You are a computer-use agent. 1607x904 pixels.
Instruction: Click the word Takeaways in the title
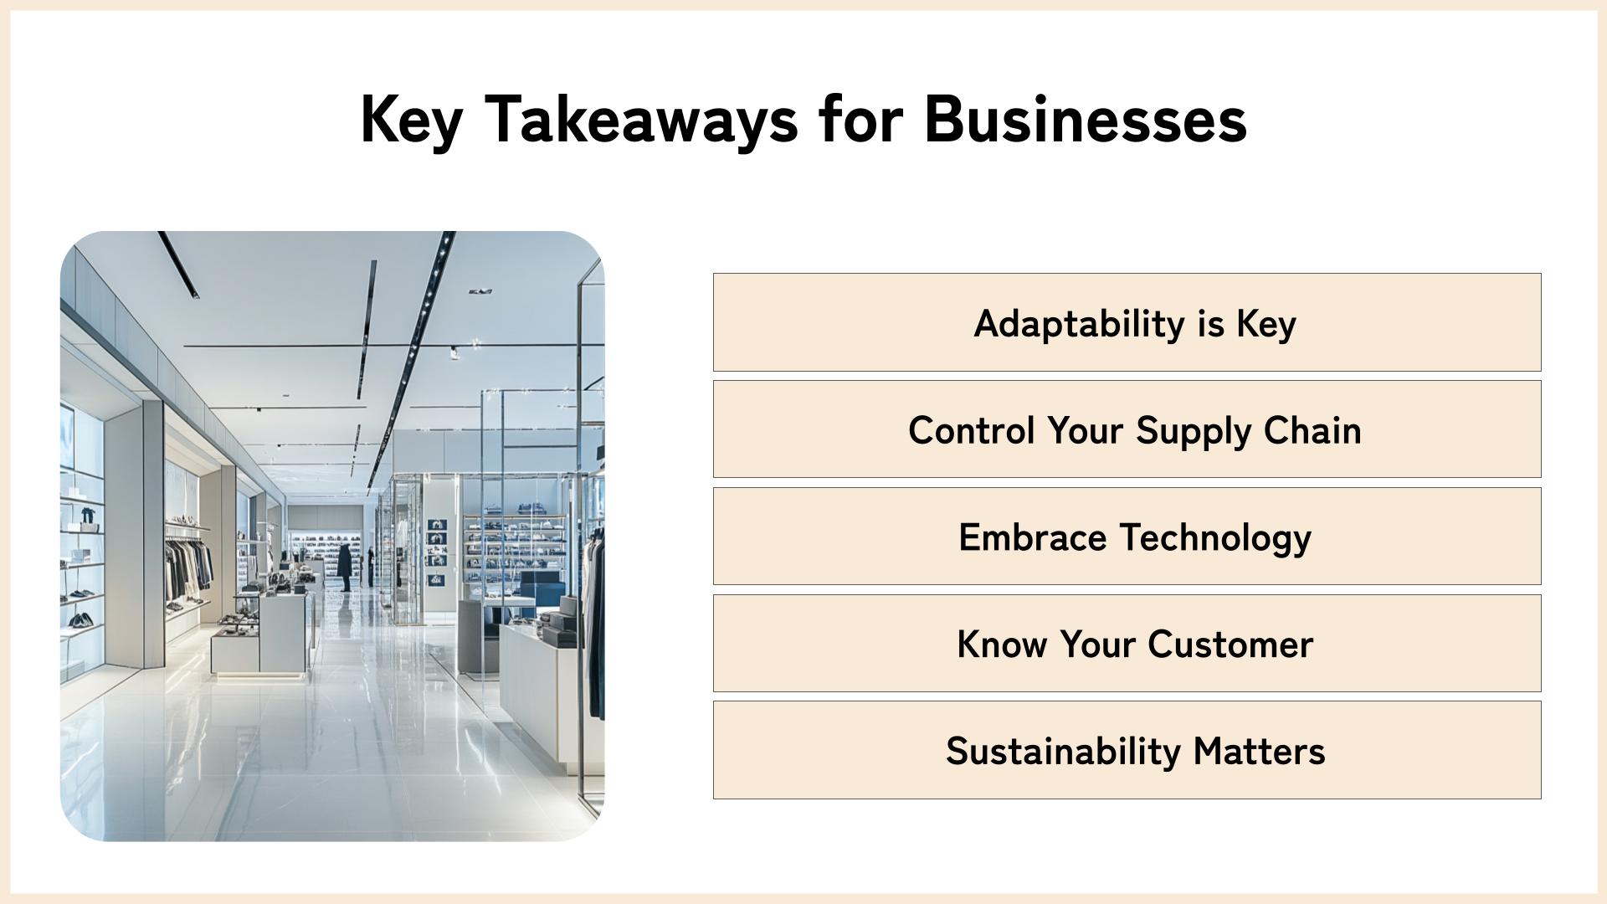pos(641,120)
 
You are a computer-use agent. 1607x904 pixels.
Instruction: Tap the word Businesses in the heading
pos(1086,118)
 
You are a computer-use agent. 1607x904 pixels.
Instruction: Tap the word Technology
pos(1215,538)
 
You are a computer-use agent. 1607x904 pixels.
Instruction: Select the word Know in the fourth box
pos(1002,645)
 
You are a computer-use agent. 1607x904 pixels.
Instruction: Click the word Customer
pos(1230,645)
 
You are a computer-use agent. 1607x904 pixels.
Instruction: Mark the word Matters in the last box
pos(1260,752)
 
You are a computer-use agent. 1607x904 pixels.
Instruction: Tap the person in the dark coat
pos(345,567)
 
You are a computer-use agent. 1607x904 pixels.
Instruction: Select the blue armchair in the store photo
pos(541,588)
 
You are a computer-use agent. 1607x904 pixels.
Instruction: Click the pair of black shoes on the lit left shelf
pos(80,621)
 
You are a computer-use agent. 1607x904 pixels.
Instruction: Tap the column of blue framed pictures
pos(437,551)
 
